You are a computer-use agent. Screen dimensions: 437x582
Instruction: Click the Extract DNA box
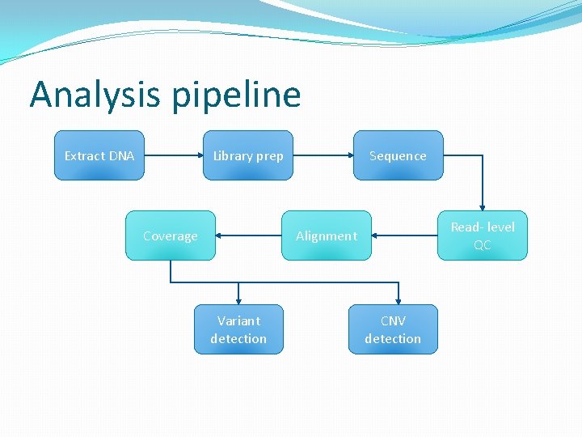[99, 155]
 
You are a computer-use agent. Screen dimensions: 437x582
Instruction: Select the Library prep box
[247, 155]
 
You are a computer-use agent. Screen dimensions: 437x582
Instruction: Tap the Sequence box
[398, 155]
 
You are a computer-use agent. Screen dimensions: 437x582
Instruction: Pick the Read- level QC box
[482, 235]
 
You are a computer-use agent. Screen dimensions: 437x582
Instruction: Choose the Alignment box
[326, 235]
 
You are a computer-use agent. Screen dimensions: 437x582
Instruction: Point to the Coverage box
[170, 235]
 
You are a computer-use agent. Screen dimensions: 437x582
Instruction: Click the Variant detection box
[238, 329]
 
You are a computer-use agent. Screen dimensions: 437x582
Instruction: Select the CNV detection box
[393, 329]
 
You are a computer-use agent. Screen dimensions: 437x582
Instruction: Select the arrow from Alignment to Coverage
[249, 235]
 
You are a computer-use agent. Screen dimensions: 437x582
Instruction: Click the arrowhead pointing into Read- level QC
[482, 207]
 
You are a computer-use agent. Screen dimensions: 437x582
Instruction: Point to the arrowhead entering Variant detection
[238, 299]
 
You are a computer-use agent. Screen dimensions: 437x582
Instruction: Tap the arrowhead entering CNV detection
[398, 299]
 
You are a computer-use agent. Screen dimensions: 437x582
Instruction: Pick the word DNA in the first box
[120, 155]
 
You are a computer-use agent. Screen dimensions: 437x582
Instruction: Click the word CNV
[393, 320]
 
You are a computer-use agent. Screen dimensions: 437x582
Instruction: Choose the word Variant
[238, 320]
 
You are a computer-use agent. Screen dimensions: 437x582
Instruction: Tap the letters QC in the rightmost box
[482, 244]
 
